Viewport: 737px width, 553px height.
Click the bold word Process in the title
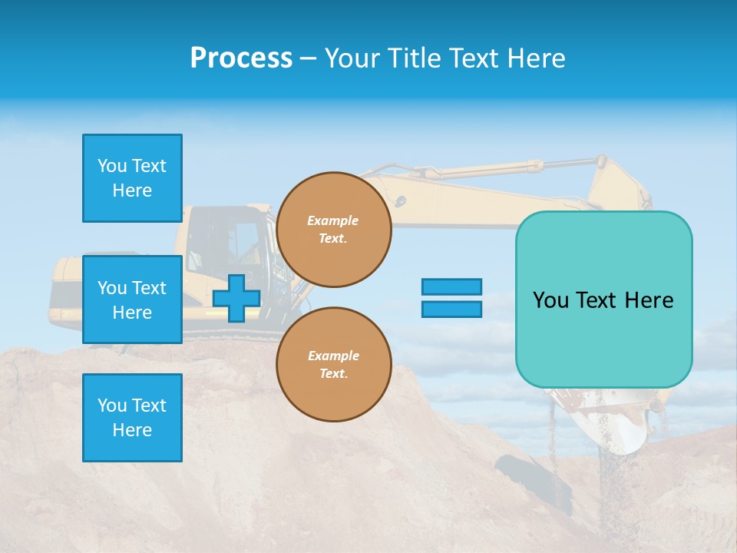click(x=241, y=58)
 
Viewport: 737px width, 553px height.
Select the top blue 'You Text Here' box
click(x=132, y=178)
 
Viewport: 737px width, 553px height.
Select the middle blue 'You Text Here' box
click(x=132, y=300)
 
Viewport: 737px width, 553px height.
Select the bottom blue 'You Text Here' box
click(x=132, y=418)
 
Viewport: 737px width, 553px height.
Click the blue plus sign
click(x=236, y=299)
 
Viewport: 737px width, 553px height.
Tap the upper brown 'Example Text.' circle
click(x=334, y=230)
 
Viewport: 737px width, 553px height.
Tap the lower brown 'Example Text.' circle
click(x=334, y=365)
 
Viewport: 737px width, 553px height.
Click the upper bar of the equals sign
click(x=451, y=286)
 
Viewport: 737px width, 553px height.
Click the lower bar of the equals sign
click(x=451, y=309)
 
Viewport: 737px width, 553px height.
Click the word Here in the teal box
click(x=649, y=300)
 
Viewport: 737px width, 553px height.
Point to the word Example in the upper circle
click(x=333, y=220)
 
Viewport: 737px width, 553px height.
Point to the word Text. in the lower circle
click(x=333, y=374)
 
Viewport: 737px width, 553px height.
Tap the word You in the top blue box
click(x=111, y=166)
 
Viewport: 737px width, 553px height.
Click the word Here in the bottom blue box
click(x=132, y=430)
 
